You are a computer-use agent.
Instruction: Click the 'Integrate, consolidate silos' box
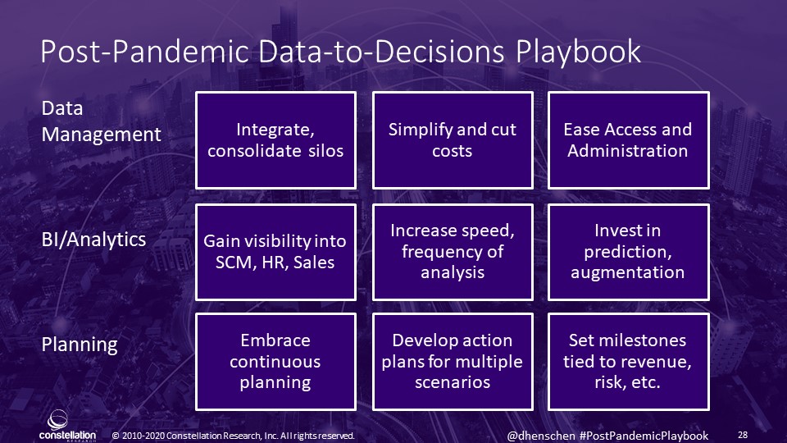tap(275, 140)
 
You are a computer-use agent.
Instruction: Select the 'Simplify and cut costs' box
tap(453, 140)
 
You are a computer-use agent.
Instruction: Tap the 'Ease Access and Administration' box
tap(629, 140)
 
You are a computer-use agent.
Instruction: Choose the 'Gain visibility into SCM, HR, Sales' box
tap(275, 252)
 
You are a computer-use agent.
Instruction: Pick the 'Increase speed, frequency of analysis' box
tap(453, 252)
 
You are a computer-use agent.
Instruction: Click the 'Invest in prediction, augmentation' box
tap(629, 252)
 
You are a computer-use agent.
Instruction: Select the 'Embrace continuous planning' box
tap(275, 362)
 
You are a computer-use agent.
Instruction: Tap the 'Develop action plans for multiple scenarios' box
tap(453, 362)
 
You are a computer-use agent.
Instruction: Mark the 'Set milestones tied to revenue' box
tap(629, 362)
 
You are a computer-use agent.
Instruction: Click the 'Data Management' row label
tap(101, 121)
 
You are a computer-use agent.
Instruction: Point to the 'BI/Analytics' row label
tap(93, 240)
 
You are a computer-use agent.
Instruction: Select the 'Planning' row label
tap(80, 345)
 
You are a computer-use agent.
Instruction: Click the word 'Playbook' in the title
tap(578, 52)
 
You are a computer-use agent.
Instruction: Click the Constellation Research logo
tap(67, 426)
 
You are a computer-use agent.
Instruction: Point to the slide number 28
tap(743, 435)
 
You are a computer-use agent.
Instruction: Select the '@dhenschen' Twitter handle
tap(541, 436)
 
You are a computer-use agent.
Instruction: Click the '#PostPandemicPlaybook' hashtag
tap(644, 436)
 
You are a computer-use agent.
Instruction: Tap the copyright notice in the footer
tap(234, 436)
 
